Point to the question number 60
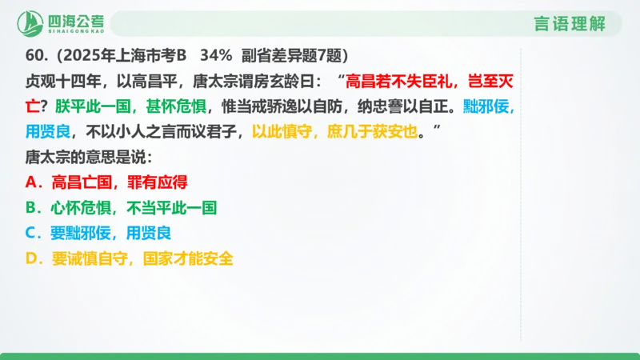pyautogui.click(x=36, y=56)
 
